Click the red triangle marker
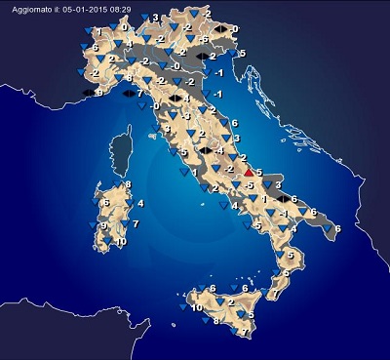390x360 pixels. click(248, 172)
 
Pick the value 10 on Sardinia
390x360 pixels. click(122, 241)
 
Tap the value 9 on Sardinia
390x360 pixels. click(103, 225)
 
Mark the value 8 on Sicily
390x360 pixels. click(216, 319)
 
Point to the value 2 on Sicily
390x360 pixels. click(231, 303)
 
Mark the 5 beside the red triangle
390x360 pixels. click(259, 172)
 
